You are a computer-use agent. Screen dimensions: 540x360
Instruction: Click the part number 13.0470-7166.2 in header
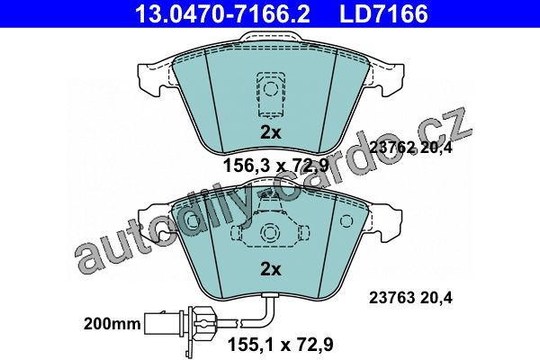tap(222, 13)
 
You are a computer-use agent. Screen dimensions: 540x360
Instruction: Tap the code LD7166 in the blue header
tap(384, 13)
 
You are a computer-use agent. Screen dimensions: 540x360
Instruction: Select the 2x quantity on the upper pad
tap(270, 132)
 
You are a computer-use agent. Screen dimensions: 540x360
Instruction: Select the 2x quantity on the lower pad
tap(270, 269)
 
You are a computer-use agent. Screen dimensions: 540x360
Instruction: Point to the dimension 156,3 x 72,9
tap(276, 166)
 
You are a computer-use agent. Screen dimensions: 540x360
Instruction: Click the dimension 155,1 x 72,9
tap(281, 345)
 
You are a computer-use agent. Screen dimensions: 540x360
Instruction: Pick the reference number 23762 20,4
tap(410, 148)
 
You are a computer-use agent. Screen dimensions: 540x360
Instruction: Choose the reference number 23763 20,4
tap(410, 298)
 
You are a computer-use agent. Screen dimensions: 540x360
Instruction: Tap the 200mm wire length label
tap(112, 324)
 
